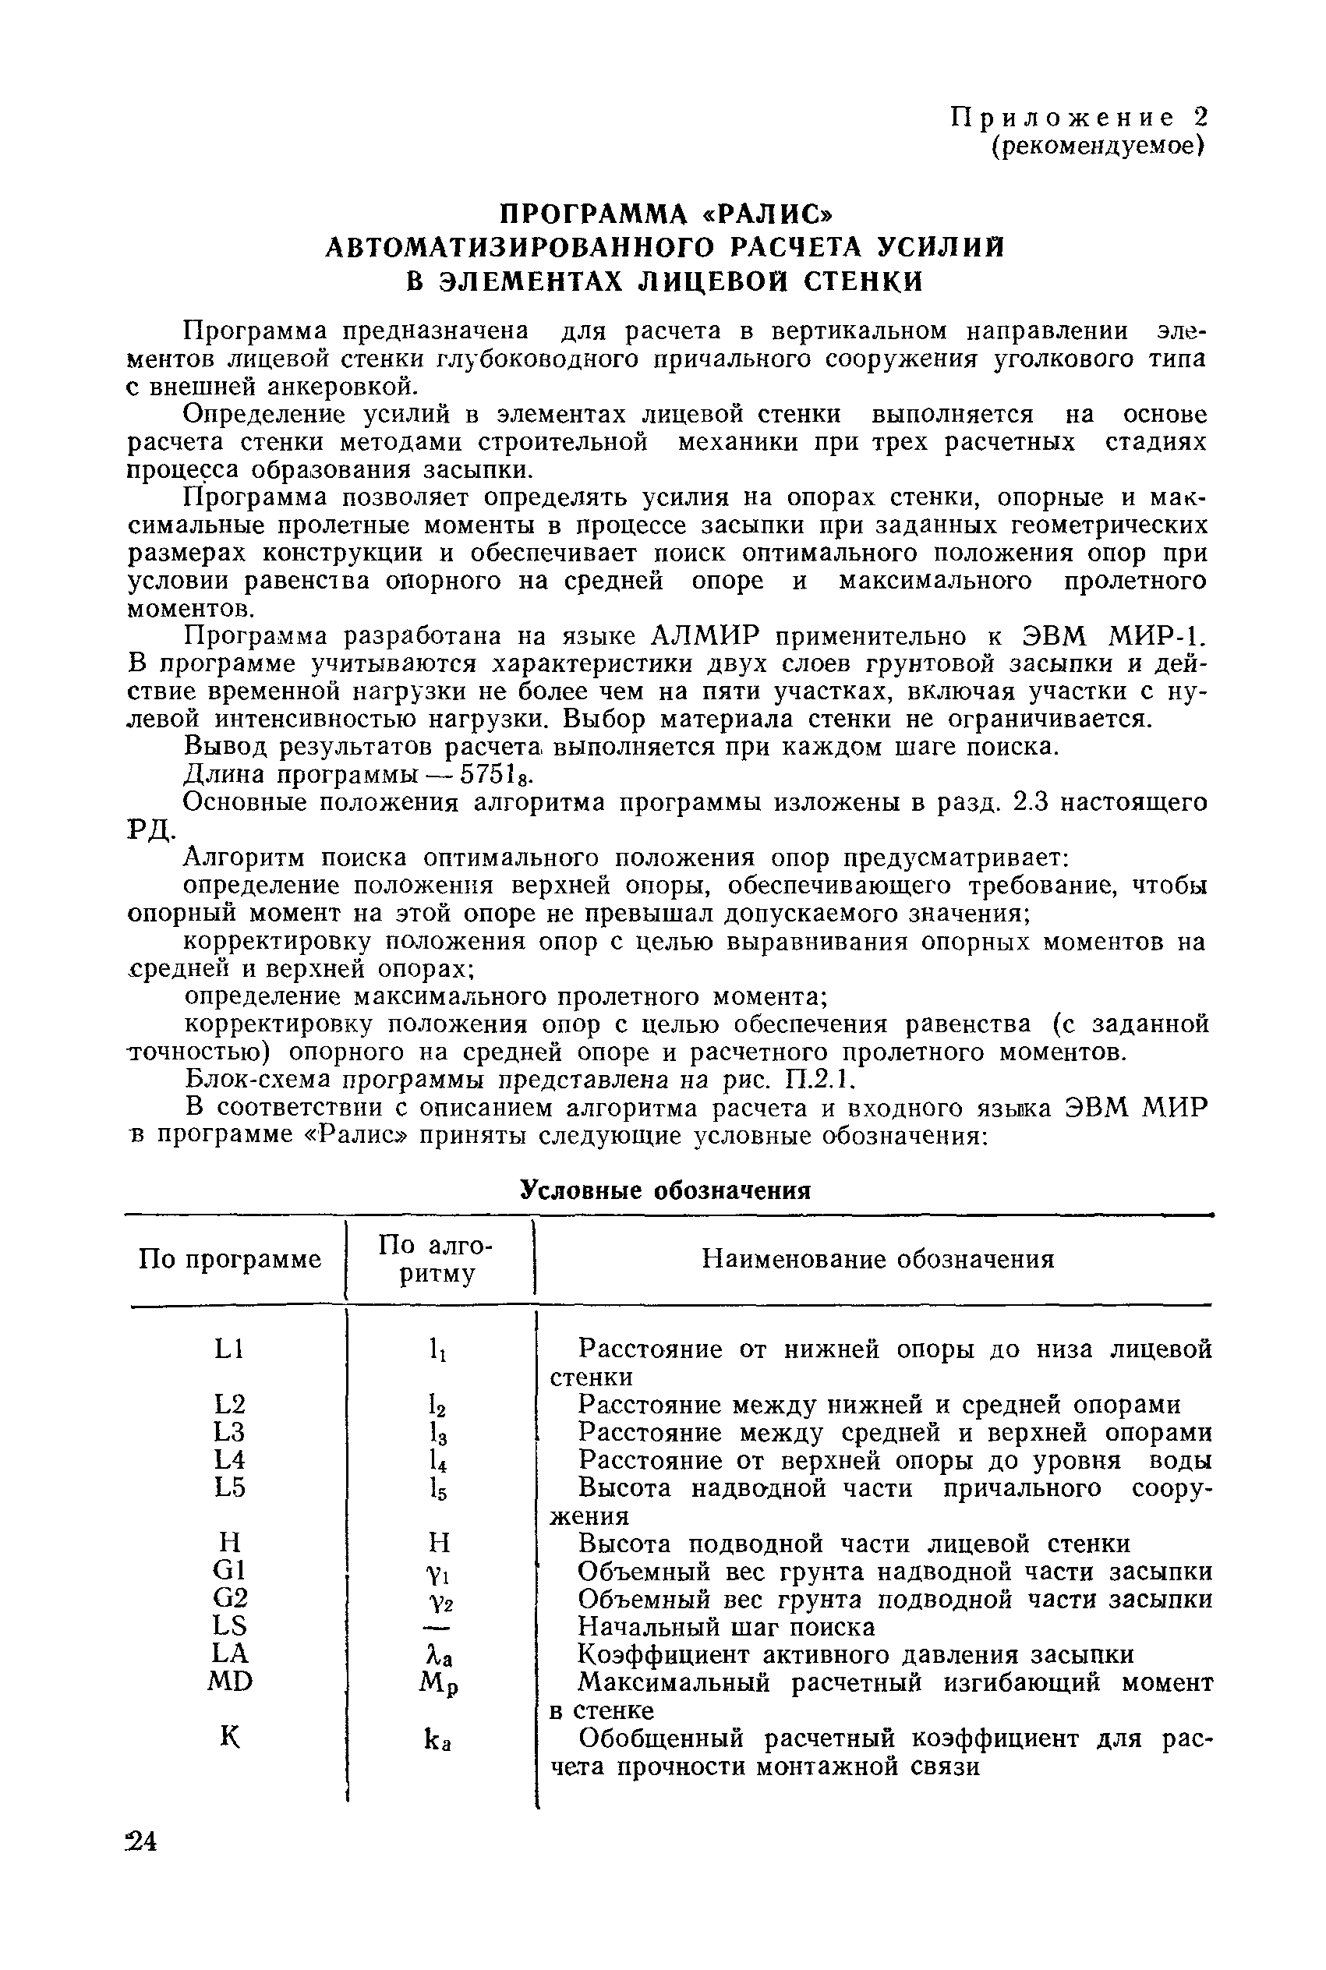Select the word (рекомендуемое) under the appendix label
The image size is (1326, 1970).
1097,146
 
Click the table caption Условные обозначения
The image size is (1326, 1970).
665,1190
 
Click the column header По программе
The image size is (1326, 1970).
230,1259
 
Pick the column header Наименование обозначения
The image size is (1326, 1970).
879,1259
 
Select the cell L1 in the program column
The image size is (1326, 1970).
229,1349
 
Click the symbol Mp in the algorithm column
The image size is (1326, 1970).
438,1683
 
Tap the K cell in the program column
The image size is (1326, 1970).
229,1737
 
